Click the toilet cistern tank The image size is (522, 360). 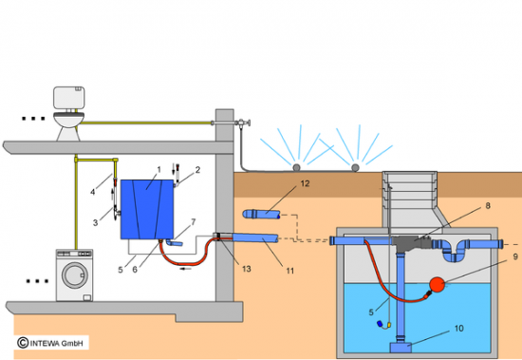[69, 98]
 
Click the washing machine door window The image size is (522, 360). [74, 275]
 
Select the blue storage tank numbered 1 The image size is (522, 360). [147, 209]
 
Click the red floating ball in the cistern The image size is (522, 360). [438, 284]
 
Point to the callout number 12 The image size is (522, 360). [305, 183]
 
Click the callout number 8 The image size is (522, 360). [488, 206]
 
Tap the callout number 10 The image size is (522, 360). [459, 329]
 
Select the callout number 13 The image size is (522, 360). [247, 269]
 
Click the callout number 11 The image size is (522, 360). [290, 271]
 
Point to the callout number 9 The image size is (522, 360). [515, 256]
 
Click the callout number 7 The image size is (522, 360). [193, 221]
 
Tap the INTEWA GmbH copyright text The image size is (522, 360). [53, 343]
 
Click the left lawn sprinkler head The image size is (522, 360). [296, 168]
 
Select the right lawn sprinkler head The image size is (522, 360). [355, 168]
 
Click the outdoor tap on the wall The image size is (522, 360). [243, 123]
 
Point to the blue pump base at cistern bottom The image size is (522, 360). [401, 348]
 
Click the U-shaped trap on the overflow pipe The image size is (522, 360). [454, 251]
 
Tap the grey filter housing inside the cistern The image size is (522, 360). [413, 242]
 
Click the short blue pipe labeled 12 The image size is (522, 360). [262, 214]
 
